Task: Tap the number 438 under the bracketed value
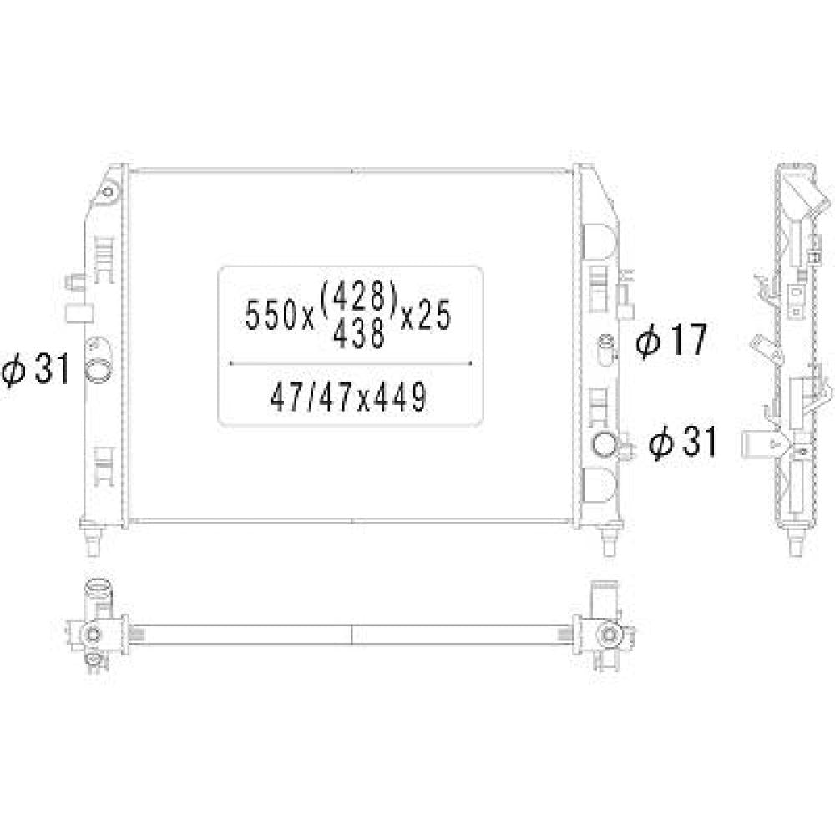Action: (359, 333)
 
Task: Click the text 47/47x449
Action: (349, 398)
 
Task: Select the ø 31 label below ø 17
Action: (683, 443)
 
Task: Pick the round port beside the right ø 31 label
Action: (604, 445)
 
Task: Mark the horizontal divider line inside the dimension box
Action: (351, 364)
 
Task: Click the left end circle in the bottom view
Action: (93, 635)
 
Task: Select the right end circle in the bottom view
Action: (609, 635)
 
